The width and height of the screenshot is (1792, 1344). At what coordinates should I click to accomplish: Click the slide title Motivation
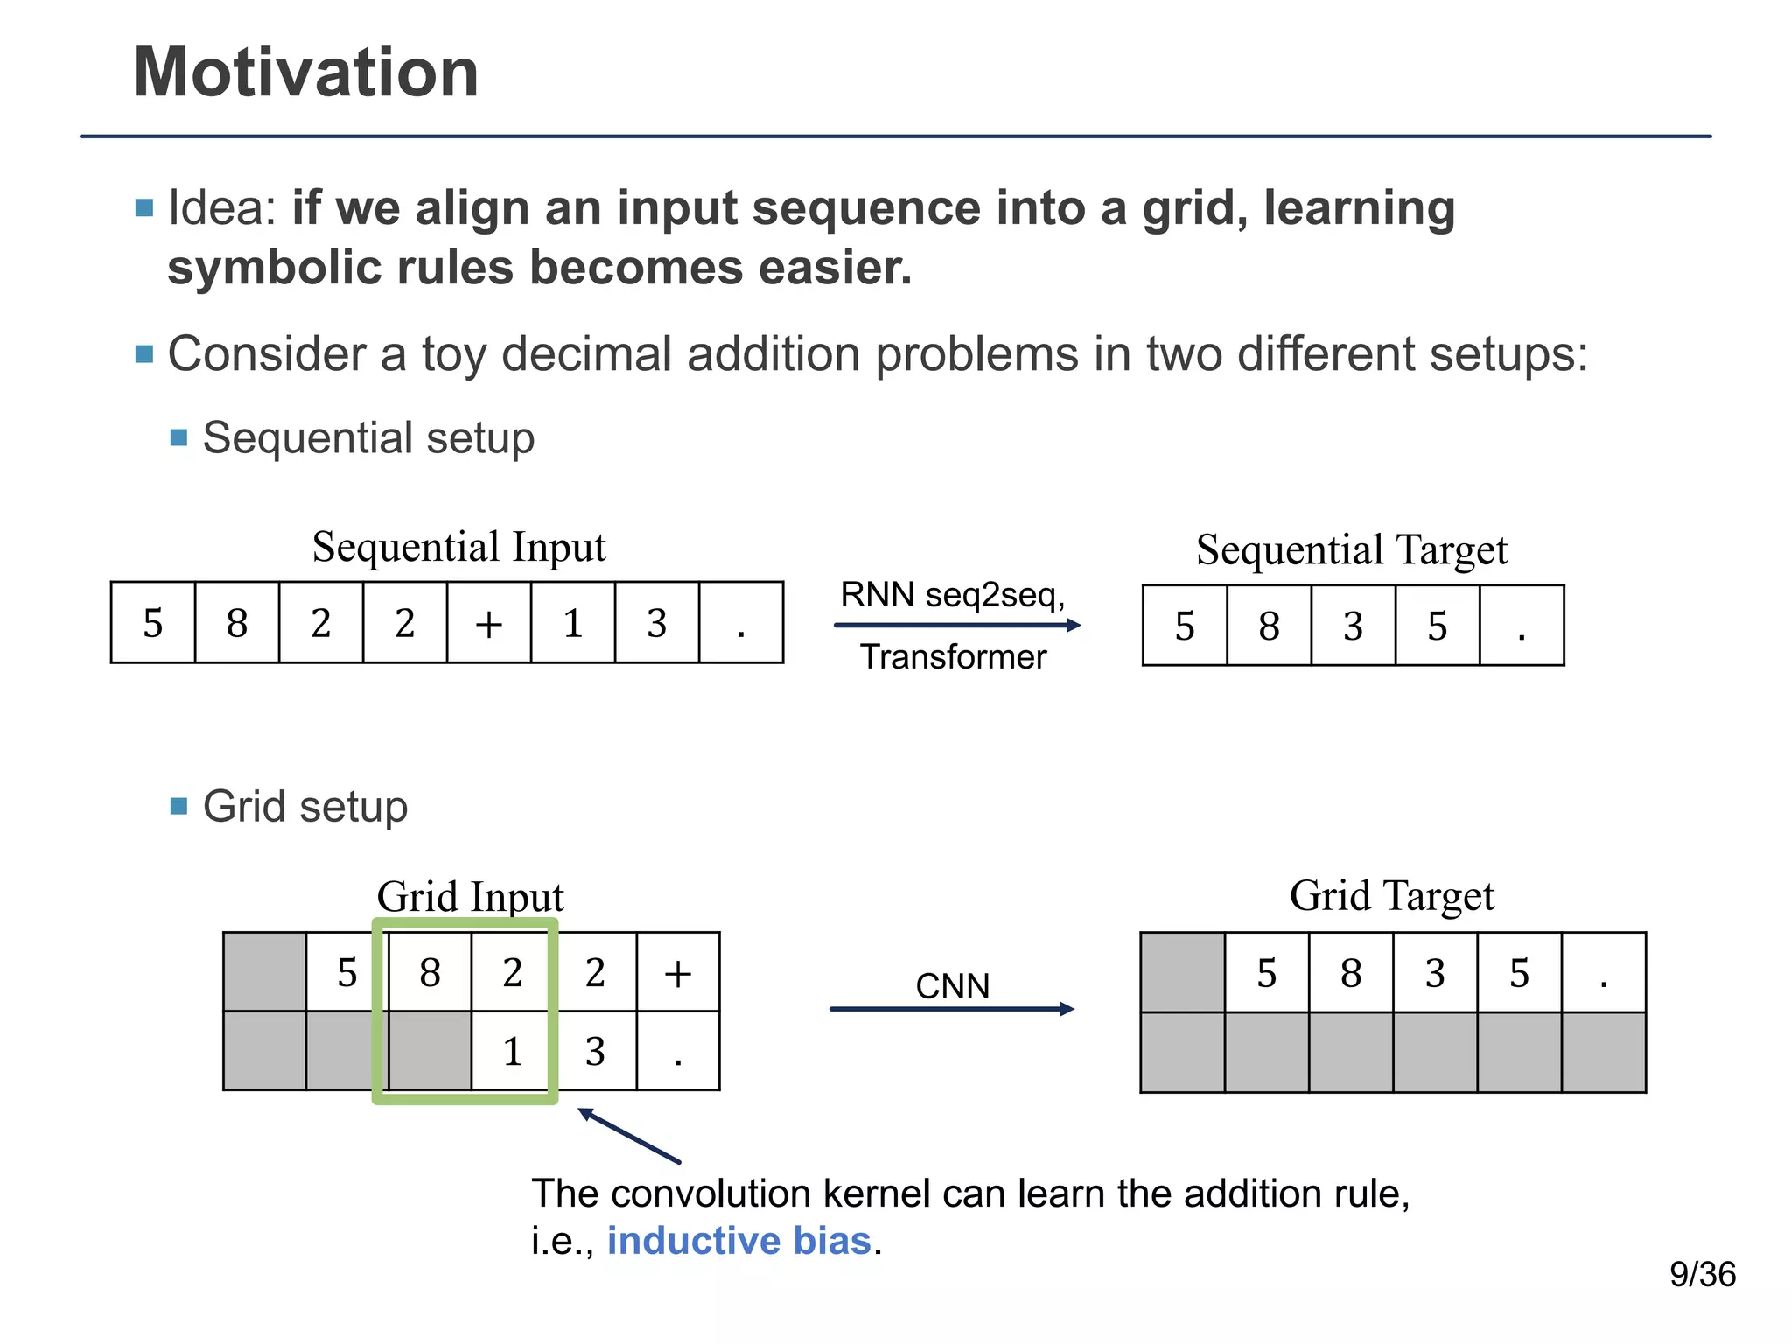[x=305, y=73]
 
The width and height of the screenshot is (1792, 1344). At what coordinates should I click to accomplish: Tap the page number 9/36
[x=1702, y=1274]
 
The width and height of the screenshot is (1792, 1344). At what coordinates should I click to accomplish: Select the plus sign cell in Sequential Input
[x=488, y=623]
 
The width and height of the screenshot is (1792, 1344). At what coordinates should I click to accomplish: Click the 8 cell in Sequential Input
[x=236, y=623]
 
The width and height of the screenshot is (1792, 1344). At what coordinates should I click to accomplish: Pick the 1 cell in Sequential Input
[x=572, y=623]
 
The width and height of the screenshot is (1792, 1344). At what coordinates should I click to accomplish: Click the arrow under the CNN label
[x=951, y=1009]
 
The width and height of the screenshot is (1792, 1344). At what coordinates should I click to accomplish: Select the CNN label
[x=952, y=986]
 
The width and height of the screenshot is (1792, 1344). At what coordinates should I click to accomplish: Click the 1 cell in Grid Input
[x=513, y=1051]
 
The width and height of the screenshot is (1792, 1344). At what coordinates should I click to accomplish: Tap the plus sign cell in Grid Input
[x=678, y=972]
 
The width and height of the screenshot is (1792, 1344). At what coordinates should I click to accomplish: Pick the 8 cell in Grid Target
[x=1351, y=973]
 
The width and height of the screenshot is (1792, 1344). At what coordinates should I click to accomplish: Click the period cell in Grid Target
[x=1603, y=973]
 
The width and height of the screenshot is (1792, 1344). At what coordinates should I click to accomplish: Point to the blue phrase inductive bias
[x=739, y=1241]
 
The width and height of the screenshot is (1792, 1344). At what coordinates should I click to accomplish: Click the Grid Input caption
[x=470, y=897]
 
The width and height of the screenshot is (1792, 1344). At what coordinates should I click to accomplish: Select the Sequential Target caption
[x=1352, y=550]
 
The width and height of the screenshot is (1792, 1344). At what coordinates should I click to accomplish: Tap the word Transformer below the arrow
[x=953, y=656]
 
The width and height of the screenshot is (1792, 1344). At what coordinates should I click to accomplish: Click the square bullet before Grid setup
[x=179, y=806]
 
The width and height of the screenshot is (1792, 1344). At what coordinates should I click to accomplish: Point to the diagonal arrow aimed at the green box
[x=629, y=1136]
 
